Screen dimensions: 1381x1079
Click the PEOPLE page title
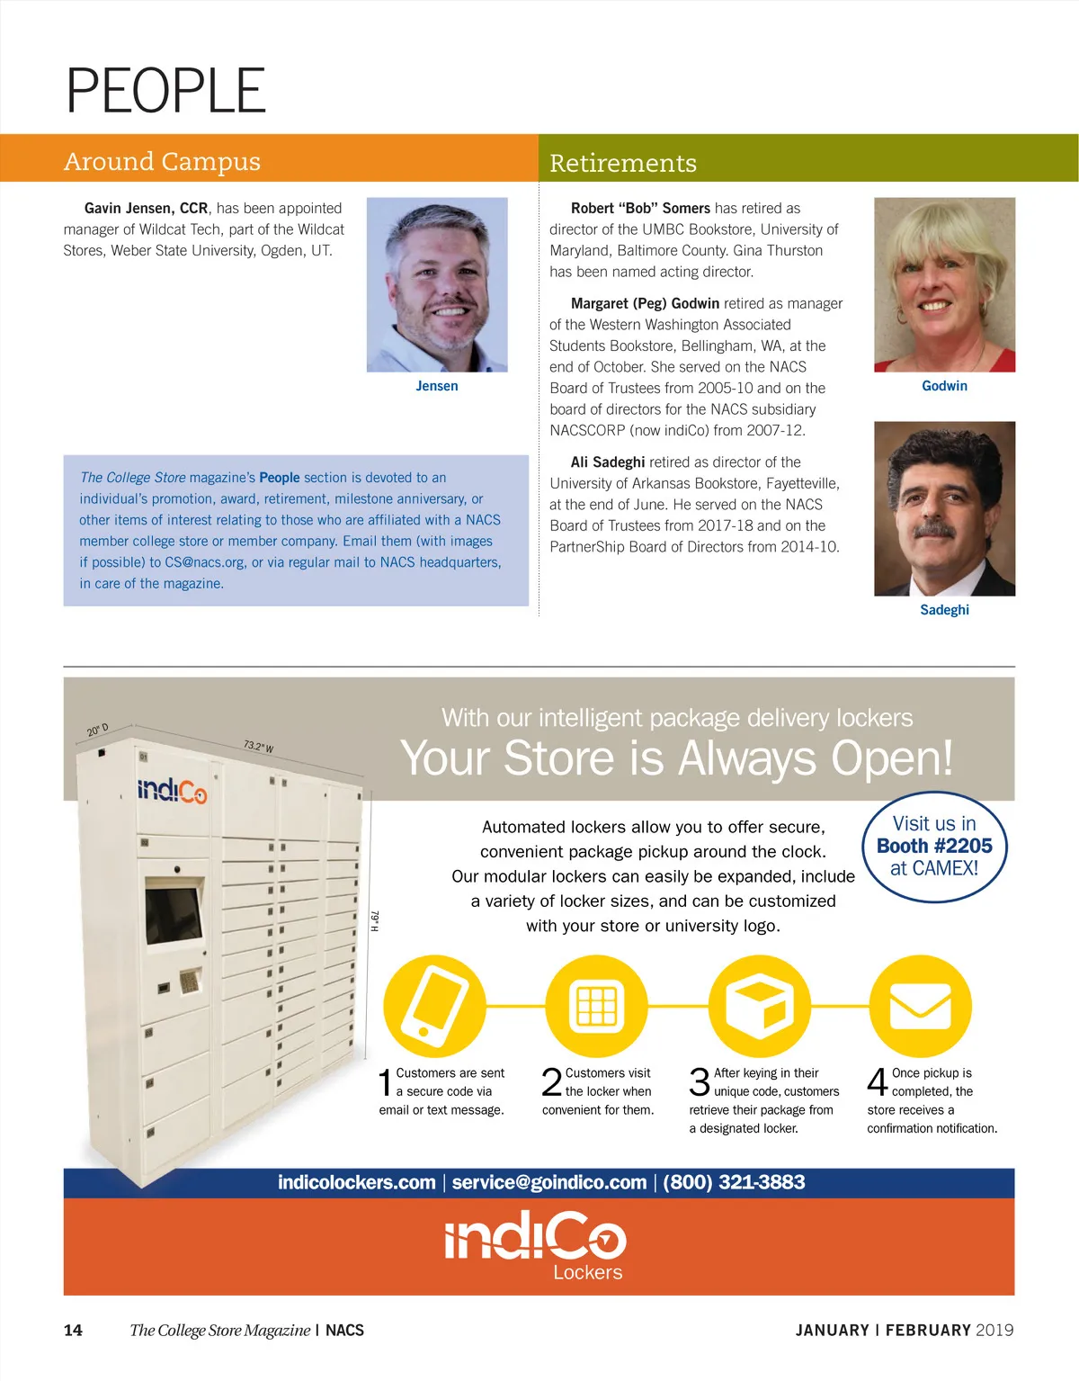coord(166,91)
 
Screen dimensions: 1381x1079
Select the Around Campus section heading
coord(162,161)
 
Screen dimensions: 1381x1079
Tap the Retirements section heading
coord(622,163)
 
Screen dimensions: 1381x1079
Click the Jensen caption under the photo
coord(437,386)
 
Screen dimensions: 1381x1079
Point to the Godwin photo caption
coord(944,386)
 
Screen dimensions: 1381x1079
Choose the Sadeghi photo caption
coord(944,610)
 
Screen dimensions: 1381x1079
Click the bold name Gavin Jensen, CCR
coord(146,208)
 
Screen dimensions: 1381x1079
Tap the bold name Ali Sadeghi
coord(608,462)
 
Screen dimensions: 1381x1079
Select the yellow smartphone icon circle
coord(434,1006)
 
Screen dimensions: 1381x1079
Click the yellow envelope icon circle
coord(920,1006)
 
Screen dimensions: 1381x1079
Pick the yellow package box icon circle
coord(759,1006)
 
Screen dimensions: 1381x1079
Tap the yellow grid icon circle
coord(596,1006)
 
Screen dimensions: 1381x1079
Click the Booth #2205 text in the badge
coord(934,846)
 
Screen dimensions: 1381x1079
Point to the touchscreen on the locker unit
coord(173,915)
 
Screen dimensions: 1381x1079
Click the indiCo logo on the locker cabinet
coord(172,791)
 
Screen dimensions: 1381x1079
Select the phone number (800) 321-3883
coord(734,1182)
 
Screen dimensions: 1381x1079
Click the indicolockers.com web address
coord(356,1182)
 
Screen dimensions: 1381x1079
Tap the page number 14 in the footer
coord(73,1330)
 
